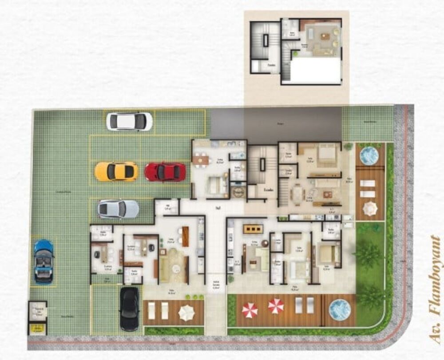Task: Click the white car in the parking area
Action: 129,121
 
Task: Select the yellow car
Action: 116,171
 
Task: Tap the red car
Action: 165,172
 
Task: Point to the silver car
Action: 118,209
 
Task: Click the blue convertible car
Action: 44,261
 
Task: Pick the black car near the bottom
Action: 129,309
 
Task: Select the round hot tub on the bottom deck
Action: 340,309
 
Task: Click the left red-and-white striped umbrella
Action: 250,310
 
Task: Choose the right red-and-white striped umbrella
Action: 276,305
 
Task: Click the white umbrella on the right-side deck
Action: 369,208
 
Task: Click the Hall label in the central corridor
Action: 218,207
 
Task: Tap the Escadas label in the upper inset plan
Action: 271,65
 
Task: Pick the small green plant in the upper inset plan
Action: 293,54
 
